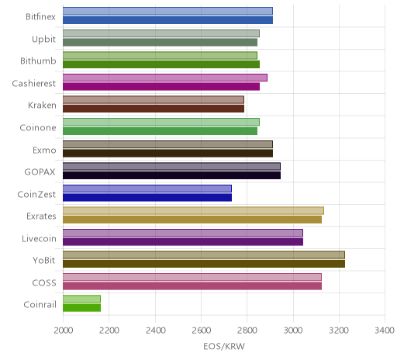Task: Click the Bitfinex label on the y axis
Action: coord(40,17)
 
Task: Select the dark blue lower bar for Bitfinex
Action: coord(167,20)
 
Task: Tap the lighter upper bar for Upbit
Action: coord(161,33)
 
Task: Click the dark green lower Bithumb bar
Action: coord(161,64)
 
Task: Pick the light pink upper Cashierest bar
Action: coord(165,78)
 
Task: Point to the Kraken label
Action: coord(42,106)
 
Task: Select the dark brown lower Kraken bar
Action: coord(154,109)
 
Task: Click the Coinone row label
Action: coord(38,128)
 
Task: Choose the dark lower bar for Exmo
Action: coord(167,153)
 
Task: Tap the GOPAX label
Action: coord(40,172)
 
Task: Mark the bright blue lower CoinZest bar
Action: coord(147,197)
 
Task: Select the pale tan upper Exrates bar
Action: coord(193,211)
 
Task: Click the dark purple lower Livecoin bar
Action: coord(183,242)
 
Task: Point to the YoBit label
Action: coord(44,261)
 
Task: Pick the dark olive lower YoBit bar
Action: coord(204,264)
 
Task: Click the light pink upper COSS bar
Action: coord(192,277)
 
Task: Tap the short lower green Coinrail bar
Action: coord(81,308)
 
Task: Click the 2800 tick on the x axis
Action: coord(247,331)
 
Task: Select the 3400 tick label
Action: coord(385,331)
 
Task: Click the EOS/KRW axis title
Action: coord(224,347)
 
